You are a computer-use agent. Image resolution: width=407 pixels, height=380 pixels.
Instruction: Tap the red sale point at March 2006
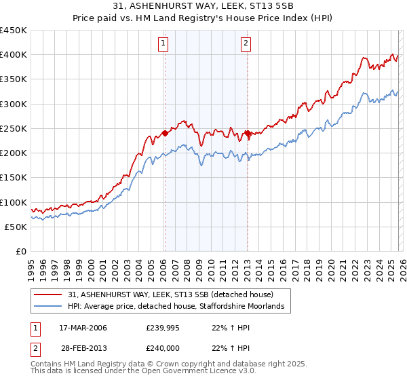tap(165, 134)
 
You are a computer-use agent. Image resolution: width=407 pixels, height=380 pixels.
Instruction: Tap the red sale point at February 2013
tap(248, 134)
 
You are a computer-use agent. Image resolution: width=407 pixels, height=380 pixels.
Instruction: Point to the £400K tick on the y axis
tap(13, 55)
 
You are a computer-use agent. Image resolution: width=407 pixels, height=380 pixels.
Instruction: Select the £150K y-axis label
tap(13, 178)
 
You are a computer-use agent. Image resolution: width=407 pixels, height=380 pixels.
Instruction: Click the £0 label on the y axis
tap(20, 252)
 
